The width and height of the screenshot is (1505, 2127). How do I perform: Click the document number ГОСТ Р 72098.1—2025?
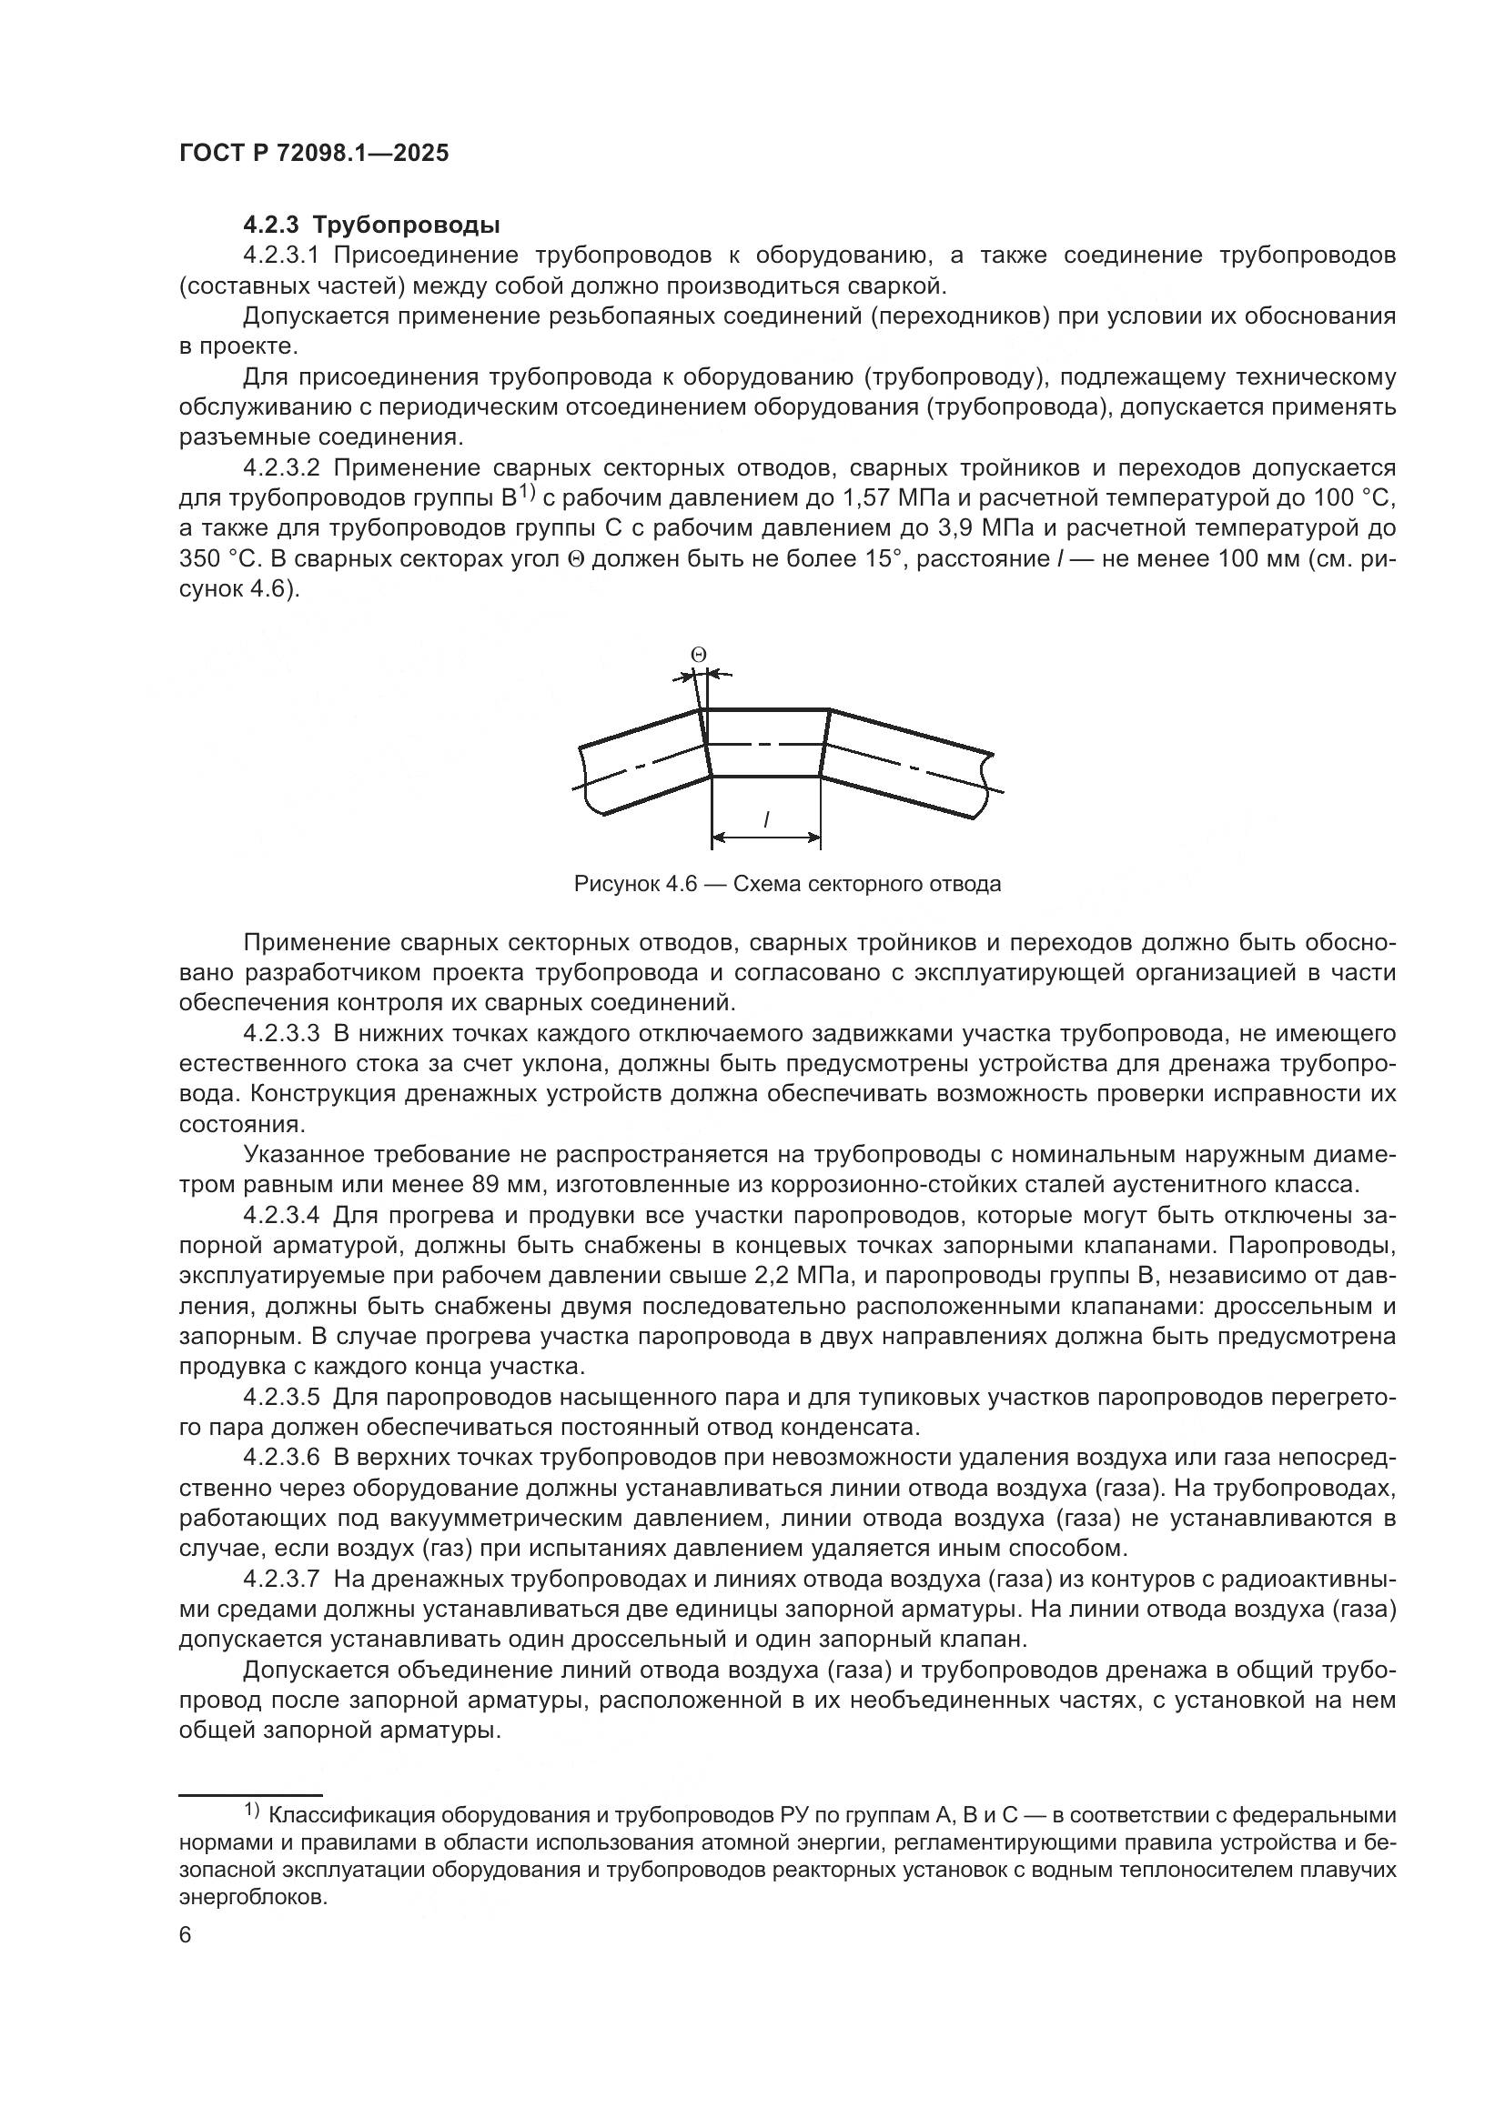pos(314,154)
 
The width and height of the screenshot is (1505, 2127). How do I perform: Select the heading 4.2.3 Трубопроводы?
pos(371,226)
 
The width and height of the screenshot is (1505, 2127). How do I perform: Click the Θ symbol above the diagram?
pos(699,655)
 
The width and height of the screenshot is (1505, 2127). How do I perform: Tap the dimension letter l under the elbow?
pos(766,819)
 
